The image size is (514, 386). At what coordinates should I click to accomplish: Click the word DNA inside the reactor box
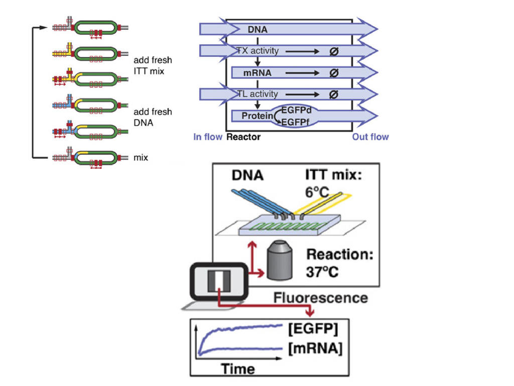pyautogui.click(x=258, y=30)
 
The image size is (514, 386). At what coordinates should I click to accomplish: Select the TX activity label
pyautogui.click(x=258, y=51)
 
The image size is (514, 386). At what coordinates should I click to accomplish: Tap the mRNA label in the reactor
pyautogui.click(x=257, y=73)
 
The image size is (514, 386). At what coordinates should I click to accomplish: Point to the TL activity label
pyautogui.click(x=258, y=94)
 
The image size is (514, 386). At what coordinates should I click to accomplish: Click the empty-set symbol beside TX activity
pyautogui.click(x=333, y=51)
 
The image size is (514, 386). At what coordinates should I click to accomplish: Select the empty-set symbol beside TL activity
pyautogui.click(x=333, y=94)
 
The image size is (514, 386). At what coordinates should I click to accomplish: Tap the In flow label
pyautogui.click(x=208, y=137)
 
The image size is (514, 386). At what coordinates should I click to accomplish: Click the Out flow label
pyautogui.click(x=370, y=137)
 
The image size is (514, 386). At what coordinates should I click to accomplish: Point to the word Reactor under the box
pyautogui.click(x=243, y=137)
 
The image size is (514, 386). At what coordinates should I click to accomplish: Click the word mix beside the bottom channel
pyautogui.click(x=141, y=158)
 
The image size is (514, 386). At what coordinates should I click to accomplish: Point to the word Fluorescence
pyautogui.click(x=320, y=298)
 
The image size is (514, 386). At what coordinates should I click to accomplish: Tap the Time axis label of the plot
pyautogui.click(x=237, y=369)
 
